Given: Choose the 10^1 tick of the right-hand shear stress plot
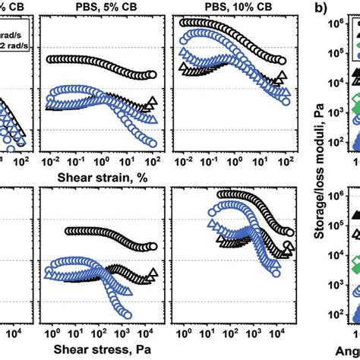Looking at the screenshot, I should click(211, 334).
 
